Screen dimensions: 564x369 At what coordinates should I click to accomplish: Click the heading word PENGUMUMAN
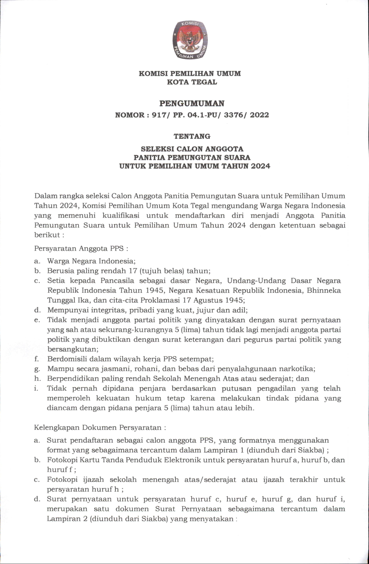click(192, 104)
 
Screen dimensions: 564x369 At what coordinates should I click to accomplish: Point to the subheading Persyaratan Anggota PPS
click(81, 248)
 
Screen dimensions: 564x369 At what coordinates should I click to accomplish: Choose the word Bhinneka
click(325, 290)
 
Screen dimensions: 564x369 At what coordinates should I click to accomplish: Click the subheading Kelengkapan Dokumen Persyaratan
click(100, 427)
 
